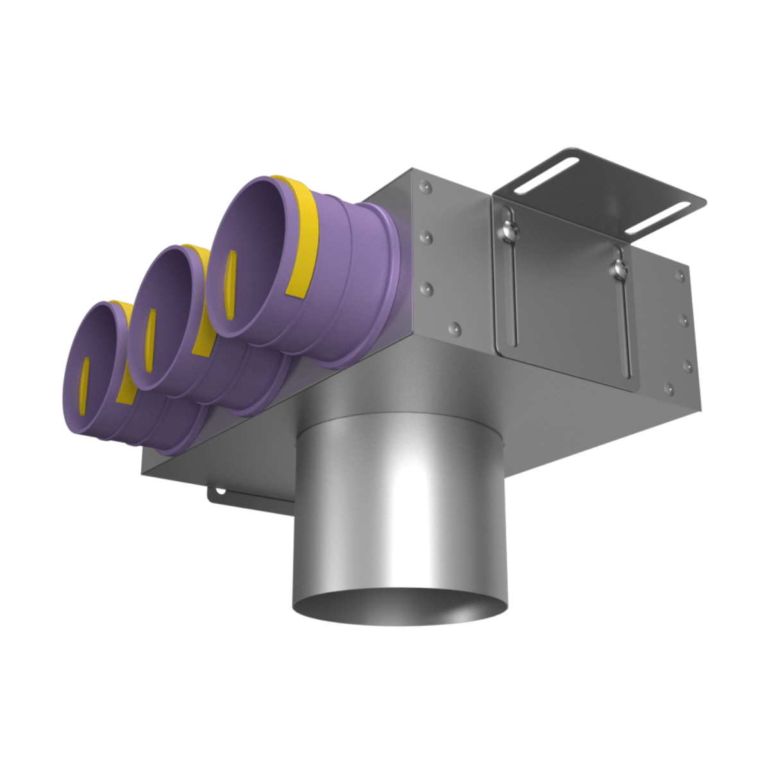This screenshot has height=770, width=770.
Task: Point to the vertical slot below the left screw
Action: (511, 289)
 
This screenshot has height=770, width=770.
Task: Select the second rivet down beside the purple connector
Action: (424, 237)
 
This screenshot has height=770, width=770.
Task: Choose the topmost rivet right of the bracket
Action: (678, 276)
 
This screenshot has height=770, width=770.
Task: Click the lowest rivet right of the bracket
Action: (669, 388)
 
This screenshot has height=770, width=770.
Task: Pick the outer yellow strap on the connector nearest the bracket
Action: (302, 237)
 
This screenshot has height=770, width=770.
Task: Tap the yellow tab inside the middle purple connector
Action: (151, 340)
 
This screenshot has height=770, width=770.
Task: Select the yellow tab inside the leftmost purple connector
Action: (85, 382)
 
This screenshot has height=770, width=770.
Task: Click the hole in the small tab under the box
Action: (220, 492)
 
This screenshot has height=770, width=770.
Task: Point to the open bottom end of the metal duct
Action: (399, 606)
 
